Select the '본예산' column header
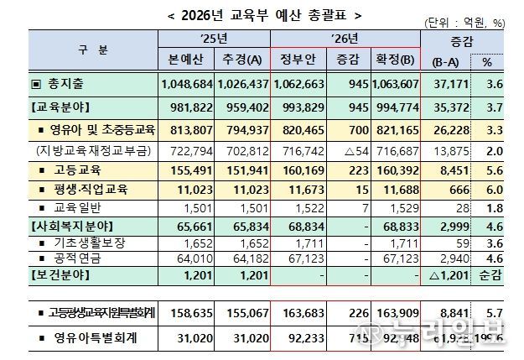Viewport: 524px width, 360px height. point(187,60)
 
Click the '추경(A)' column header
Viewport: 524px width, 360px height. point(241,60)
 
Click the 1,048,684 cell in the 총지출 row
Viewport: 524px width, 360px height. point(186,85)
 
